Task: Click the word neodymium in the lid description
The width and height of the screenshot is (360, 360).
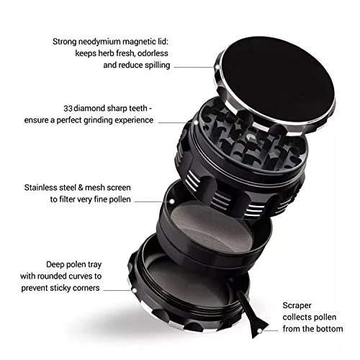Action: click(99, 42)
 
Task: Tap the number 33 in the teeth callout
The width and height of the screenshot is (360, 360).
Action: click(68, 109)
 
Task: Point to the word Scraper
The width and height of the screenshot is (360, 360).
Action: click(297, 306)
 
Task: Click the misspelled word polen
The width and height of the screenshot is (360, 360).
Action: click(76, 264)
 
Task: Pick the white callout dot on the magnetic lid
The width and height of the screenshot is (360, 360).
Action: click(217, 67)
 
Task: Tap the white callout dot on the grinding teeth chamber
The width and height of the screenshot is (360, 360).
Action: click(196, 122)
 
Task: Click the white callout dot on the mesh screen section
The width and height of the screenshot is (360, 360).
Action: click(172, 202)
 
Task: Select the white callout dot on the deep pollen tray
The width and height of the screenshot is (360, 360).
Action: click(135, 291)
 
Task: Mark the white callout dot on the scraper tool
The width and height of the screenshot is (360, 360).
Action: click(259, 331)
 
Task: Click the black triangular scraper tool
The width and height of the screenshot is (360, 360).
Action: click(253, 319)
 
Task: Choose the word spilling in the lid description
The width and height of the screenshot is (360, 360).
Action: click(157, 66)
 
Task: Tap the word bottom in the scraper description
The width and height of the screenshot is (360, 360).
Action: click(330, 329)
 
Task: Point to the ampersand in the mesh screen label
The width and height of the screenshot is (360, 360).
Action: click(81, 188)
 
